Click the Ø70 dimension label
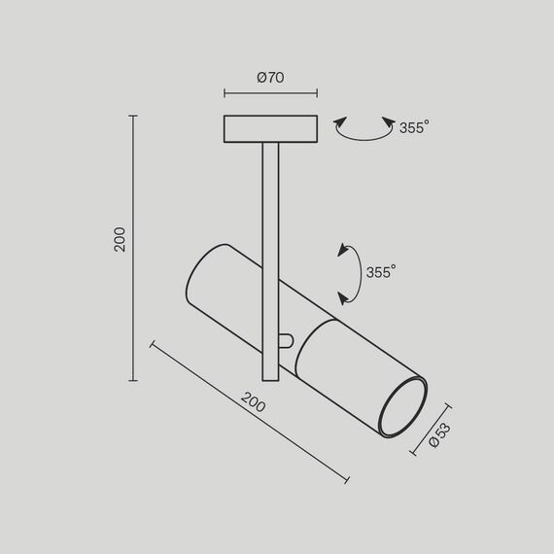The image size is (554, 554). [270, 79]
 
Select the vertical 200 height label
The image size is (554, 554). [120, 240]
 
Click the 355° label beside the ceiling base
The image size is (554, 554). [413, 127]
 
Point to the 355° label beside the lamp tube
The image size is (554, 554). [381, 272]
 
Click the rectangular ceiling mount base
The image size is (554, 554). [270, 129]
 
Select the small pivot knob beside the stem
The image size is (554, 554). [285, 340]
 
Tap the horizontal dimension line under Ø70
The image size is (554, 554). [270, 94]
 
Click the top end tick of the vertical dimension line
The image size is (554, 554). [133, 116]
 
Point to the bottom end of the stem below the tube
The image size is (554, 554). [270, 377]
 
